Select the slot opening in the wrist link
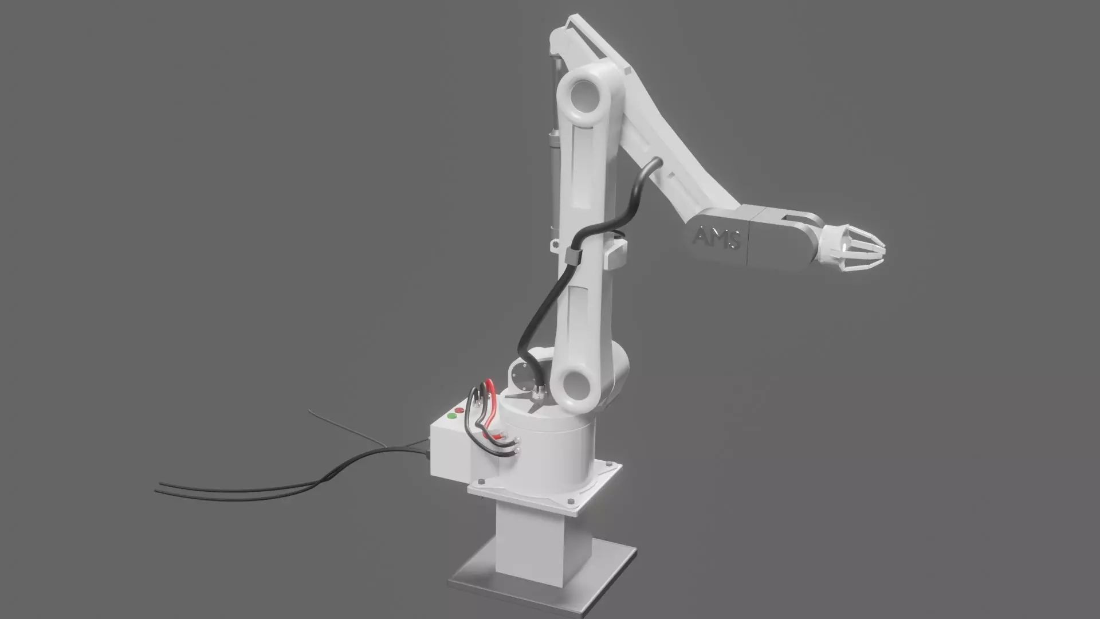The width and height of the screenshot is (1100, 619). point(793,220)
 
